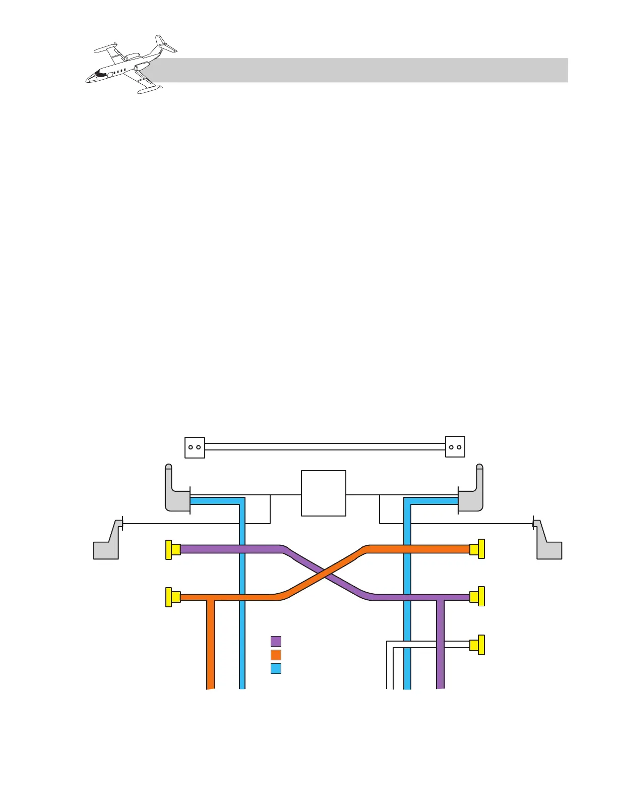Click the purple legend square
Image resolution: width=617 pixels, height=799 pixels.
coord(276,641)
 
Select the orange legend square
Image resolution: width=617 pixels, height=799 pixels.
coord(276,655)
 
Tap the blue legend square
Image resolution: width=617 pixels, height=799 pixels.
coord(276,668)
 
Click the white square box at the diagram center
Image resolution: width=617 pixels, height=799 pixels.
coord(324,493)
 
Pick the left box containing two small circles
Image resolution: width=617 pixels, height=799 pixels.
coord(195,447)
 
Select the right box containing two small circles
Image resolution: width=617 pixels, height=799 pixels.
coord(455,447)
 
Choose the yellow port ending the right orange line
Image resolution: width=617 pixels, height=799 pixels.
coord(477,549)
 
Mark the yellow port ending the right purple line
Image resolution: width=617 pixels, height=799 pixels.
coord(477,597)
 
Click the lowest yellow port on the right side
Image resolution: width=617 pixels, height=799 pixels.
coord(477,645)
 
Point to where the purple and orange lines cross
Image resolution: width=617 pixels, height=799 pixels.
coord(325,573)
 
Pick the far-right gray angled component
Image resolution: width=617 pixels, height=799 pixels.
coord(547,545)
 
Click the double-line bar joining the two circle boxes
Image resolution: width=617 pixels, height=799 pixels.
coord(325,447)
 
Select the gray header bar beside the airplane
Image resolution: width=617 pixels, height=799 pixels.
coord(363,70)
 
